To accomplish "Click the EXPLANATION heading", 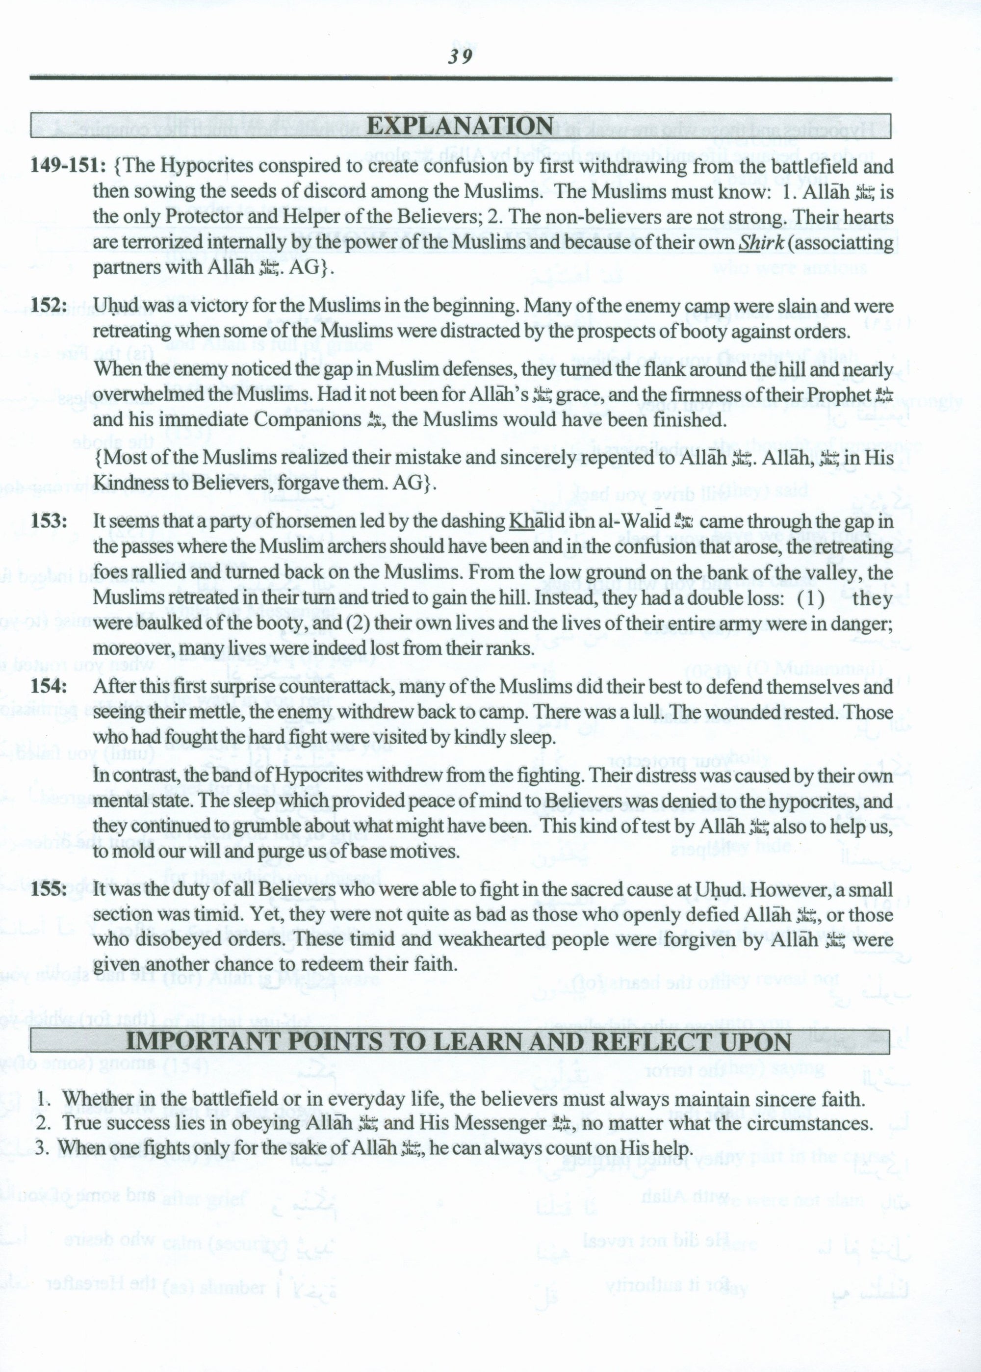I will [460, 126].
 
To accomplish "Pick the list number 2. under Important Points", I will [43, 1123].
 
